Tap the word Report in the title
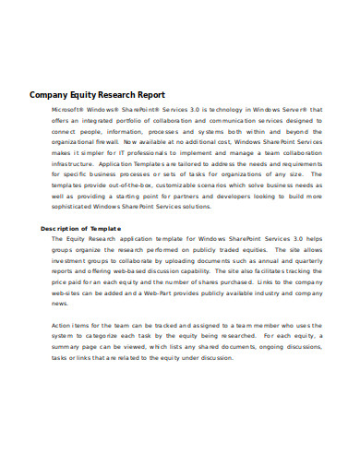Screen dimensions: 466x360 [150, 93]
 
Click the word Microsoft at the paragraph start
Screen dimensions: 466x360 [68, 109]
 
